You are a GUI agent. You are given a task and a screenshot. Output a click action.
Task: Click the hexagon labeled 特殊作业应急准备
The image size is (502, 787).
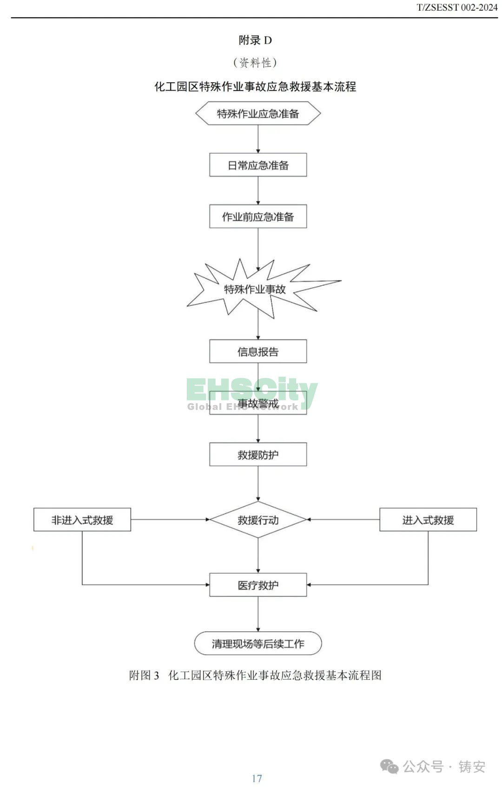(x=258, y=114)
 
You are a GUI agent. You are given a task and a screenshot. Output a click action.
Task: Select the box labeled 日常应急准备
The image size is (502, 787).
(x=258, y=165)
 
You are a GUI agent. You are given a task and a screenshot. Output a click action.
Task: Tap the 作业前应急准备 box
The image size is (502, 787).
(x=258, y=216)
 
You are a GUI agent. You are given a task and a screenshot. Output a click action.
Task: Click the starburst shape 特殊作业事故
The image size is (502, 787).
(x=255, y=289)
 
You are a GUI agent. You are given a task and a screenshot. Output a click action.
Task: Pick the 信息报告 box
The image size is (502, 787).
(x=258, y=351)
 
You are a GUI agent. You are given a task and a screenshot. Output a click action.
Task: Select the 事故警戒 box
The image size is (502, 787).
(x=258, y=403)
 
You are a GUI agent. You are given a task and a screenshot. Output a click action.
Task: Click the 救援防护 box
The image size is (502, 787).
(x=258, y=454)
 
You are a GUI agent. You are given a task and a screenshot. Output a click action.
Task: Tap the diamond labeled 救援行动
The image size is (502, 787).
(x=258, y=520)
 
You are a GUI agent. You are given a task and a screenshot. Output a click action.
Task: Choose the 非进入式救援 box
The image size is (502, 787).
(x=82, y=520)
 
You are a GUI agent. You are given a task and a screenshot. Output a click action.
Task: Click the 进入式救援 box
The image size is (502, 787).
(x=428, y=520)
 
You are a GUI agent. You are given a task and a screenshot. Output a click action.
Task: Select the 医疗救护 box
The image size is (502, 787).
(x=258, y=585)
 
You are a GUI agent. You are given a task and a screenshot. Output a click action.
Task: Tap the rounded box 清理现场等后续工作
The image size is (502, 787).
(x=258, y=643)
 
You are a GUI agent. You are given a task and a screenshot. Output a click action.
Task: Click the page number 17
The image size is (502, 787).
(x=257, y=778)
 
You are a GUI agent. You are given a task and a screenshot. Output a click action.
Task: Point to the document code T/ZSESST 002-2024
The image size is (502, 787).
(x=456, y=7)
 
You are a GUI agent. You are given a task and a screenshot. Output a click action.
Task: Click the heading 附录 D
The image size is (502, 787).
(x=255, y=40)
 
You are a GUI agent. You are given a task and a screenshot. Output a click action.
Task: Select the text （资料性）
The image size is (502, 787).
(x=255, y=62)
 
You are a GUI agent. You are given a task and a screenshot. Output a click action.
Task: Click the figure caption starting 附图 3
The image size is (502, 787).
(x=255, y=675)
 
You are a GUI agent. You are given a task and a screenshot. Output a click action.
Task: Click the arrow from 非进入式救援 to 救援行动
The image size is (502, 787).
(x=170, y=520)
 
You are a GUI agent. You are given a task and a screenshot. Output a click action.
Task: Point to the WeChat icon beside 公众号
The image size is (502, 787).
(x=390, y=767)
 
